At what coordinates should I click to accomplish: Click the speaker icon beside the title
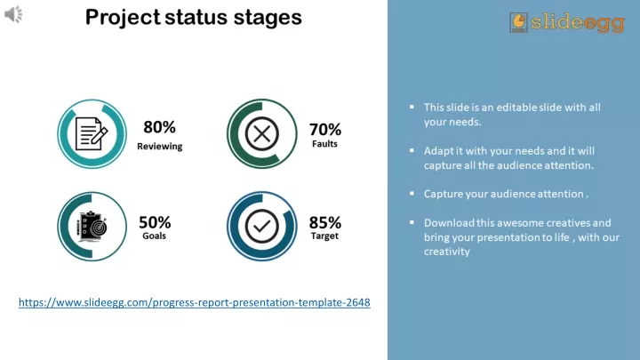pyautogui.click(x=13, y=15)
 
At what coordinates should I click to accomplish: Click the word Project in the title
pyautogui.click(x=123, y=18)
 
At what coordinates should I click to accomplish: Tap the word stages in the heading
pyautogui.click(x=268, y=18)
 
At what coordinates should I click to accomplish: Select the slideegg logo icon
pyautogui.click(x=518, y=22)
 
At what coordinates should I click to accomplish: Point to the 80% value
pyautogui.click(x=160, y=127)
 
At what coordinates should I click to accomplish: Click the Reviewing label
pyautogui.click(x=160, y=146)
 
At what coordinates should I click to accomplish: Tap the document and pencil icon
pyautogui.click(x=92, y=134)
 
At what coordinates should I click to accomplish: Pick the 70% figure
pyautogui.click(x=325, y=130)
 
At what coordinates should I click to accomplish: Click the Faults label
pyautogui.click(x=324, y=144)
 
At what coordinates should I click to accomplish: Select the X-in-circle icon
pyautogui.click(x=262, y=134)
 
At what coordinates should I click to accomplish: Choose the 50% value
pyautogui.click(x=155, y=222)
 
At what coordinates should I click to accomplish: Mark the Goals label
pyautogui.click(x=154, y=236)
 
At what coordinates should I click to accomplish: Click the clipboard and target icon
pyautogui.click(x=92, y=226)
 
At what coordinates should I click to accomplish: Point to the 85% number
pyautogui.click(x=325, y=222)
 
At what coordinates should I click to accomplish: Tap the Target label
pyautogui.click(x=324, y=236)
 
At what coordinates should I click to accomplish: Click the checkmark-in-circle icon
pyautogui.click(x=262, y=226)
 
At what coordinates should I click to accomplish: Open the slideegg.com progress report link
pyautogui.click(x=195, y=302)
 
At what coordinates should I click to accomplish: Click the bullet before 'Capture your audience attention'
pyautogui.click(x=412, y=193)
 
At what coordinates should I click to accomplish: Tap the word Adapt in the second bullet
pyautogui.click(x=438, y=151)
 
